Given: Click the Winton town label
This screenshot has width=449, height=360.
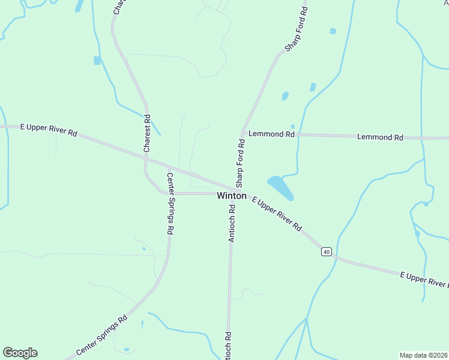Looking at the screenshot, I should point(231,196).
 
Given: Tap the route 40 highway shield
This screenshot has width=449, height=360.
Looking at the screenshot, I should point(326,251).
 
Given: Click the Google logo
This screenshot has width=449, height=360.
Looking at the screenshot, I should point(20,353).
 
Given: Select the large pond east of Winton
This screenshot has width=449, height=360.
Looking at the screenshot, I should point(280,187).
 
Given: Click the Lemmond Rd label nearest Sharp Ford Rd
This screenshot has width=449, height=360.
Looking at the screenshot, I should point(271,134).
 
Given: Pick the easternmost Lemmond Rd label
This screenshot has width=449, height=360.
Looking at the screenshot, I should point(379,137).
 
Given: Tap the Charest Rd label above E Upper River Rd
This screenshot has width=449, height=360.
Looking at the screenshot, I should point(146,133).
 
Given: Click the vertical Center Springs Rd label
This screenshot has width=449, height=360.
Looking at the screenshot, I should point(170,203).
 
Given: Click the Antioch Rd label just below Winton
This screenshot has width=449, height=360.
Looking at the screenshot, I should point(232,223).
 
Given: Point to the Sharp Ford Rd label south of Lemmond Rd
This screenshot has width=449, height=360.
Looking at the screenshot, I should point(240,162).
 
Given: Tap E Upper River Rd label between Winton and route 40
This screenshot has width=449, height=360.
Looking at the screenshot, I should point(276,214).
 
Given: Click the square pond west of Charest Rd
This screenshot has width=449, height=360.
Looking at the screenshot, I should point(97,61).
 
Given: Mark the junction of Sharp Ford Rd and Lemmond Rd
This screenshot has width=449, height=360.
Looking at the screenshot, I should point(243,133).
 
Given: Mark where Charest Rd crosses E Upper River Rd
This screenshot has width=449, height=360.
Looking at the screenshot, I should point(145,158).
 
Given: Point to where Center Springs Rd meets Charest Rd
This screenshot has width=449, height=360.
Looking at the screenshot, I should point(163,193).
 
